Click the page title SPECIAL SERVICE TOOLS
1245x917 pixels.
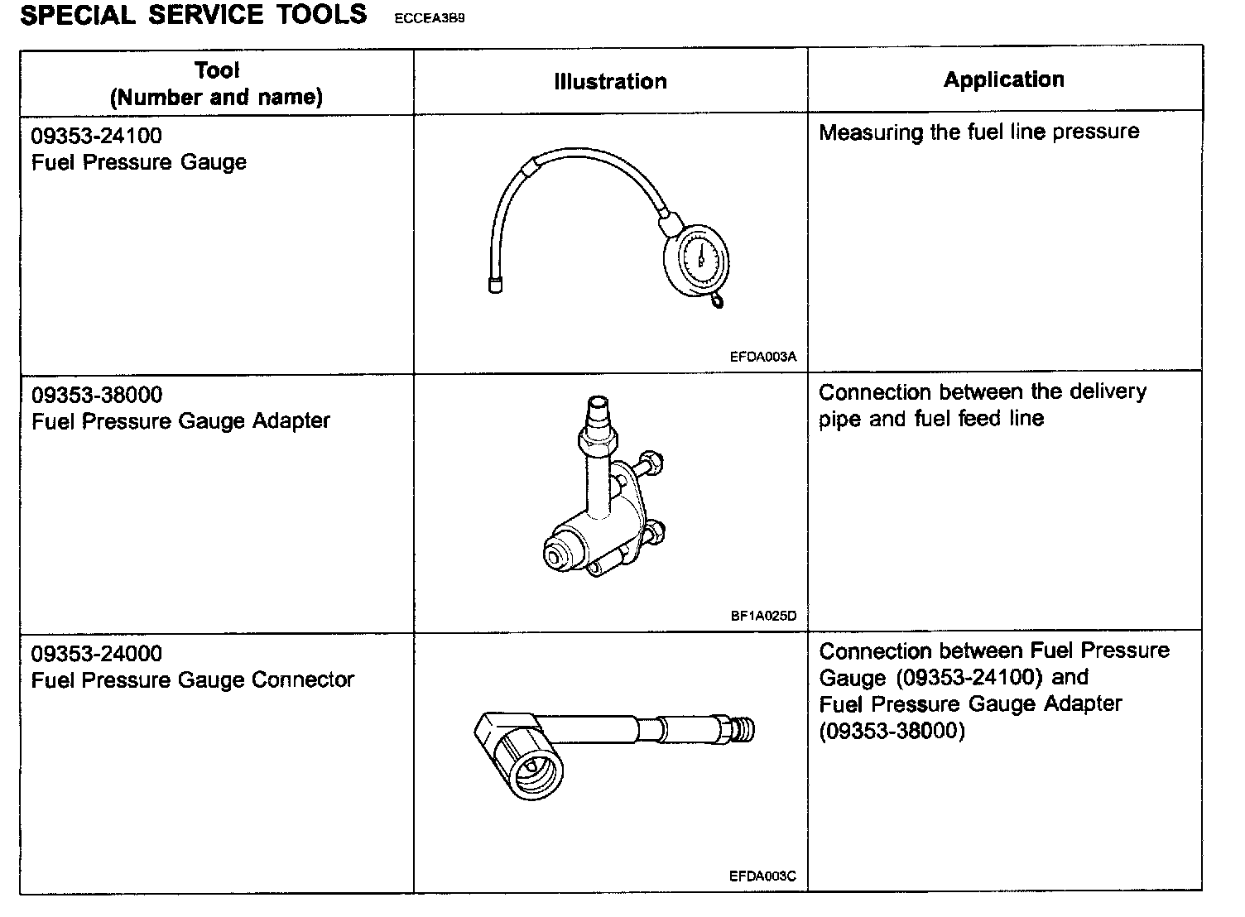pos(193,15)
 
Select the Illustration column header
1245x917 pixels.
pos(610,81)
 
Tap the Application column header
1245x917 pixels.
pos(1003,79)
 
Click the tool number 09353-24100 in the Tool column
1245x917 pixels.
pos(97,136)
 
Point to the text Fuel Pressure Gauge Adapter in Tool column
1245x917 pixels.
pos(180,421)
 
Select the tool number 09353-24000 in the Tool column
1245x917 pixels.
pos(97,654)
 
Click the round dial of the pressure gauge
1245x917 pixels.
pos(699,258)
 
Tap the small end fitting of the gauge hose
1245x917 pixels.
pos(494,286)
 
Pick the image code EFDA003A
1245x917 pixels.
pos(762,358)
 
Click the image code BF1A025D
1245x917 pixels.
pos(762,617)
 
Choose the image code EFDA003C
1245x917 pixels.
pos(762,876)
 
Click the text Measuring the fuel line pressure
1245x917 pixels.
pos(978,132)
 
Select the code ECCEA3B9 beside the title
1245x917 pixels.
pos(430,18)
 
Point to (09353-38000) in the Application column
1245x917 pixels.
pos(892,732)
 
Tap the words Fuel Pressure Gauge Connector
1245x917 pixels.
pos(192,680)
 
